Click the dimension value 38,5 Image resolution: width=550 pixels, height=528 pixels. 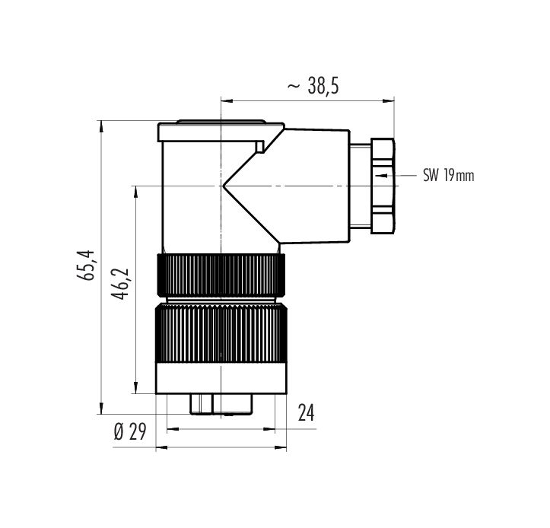(323, 86)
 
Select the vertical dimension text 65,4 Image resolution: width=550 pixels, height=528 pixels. (86, 266)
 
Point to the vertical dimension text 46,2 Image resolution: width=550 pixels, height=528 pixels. (120, 284)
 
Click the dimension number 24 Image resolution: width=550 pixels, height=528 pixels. (306, 412)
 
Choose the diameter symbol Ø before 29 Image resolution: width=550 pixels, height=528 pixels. (119, 432)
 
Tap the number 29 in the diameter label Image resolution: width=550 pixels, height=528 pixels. (138, 432)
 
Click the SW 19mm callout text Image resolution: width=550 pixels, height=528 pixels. (449, 175)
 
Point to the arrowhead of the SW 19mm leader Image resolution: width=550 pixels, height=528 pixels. (383, 175)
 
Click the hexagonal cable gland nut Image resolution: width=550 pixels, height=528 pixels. (383, 186)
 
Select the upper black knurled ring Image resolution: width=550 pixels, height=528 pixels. (221, 275)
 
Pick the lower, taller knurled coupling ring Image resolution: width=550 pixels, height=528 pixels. (221, 333)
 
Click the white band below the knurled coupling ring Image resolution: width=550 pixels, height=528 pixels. (221, 378)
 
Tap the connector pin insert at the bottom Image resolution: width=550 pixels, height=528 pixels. (221, 405)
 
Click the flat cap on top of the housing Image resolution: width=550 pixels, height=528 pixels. (221, 131)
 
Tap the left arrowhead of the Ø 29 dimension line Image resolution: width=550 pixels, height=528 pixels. (162, 447)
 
